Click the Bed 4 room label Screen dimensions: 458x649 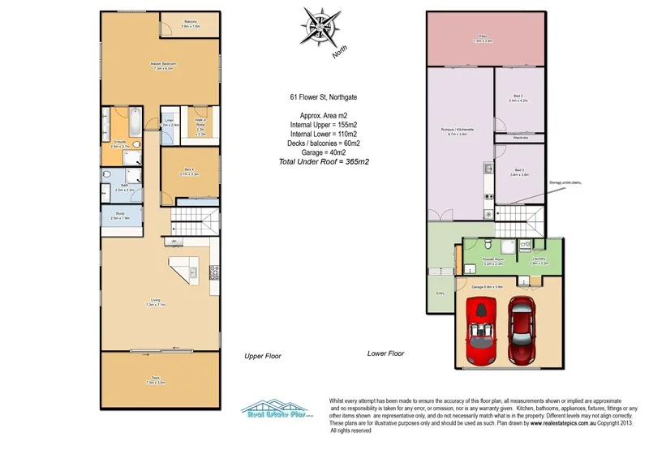(x=189, y=171)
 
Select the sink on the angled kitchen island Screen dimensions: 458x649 (x=194, y=273)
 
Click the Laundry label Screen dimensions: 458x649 (x=539, y=260)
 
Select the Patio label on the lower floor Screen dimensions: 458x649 (x=484, y=39)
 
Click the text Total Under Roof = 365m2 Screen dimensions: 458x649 (x=324, y=162)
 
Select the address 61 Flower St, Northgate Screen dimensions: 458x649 (x=324, y=97)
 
